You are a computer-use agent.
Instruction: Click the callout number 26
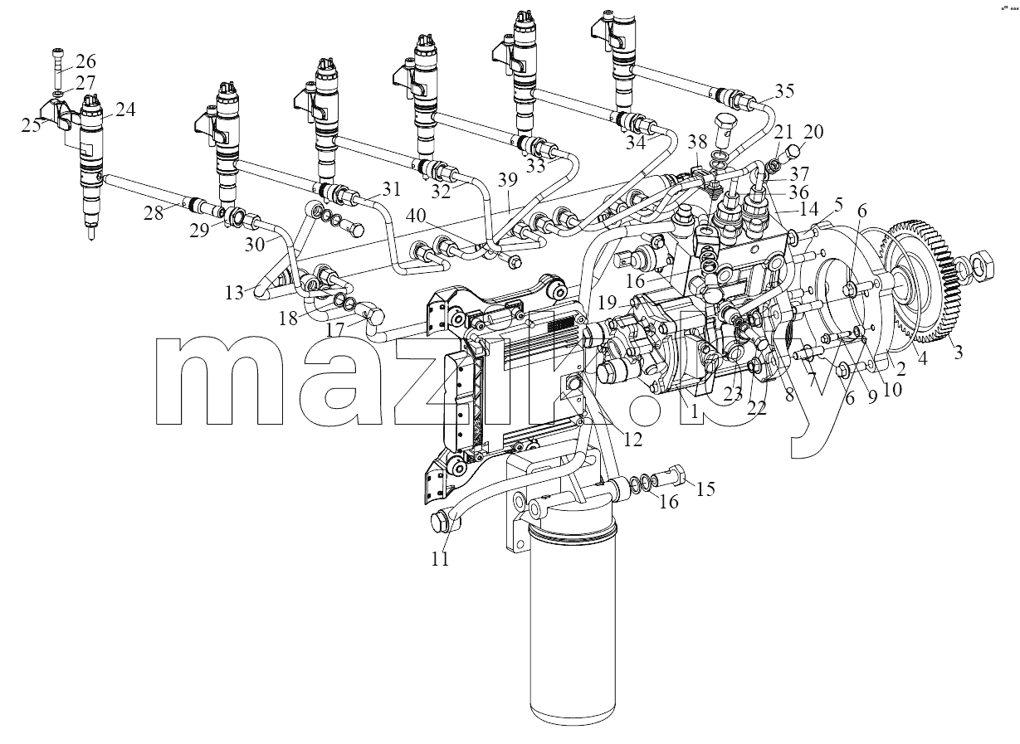click(x=85, y=61)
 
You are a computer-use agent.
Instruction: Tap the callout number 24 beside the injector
click(x=125, y=109)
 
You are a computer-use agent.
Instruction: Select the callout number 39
click(x=508, y=180)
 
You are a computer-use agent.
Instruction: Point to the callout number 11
click(x=441, y=559)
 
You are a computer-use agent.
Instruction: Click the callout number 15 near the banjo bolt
click(x=705, y=489)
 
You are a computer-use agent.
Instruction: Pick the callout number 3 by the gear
click(x=958, y=352)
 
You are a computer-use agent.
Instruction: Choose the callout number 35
click(x=784, y=90)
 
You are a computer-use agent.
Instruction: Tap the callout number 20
click(x=813, y=132)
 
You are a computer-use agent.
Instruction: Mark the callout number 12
click(x=632, y=439)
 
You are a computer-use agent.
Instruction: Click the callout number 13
click(x=235, y=293)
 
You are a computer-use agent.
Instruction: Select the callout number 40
click(x=416, y=215)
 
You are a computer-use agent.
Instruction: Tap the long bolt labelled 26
click(x=59, y=70)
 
